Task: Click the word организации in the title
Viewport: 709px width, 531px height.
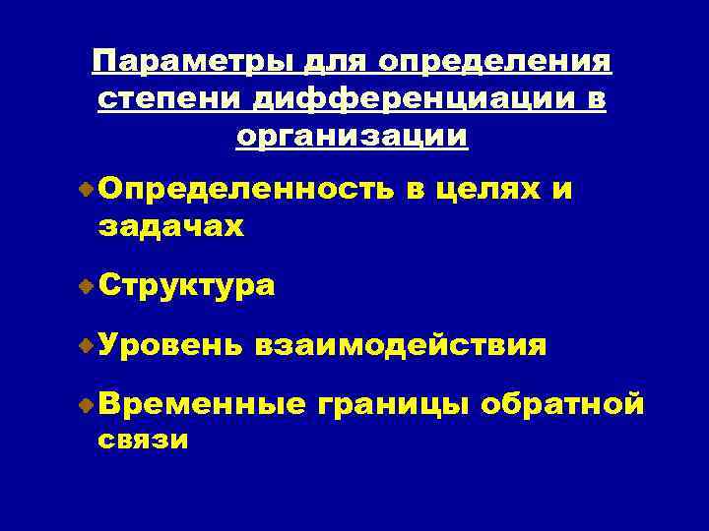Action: tap(353, 135)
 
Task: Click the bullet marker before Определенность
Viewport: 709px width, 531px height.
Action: tap(87, 188)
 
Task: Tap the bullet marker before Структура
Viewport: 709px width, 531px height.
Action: tap(87, 286)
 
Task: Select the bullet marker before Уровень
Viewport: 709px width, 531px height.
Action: tap(87, 345)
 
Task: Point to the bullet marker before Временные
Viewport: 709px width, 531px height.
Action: tap(87, 403)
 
